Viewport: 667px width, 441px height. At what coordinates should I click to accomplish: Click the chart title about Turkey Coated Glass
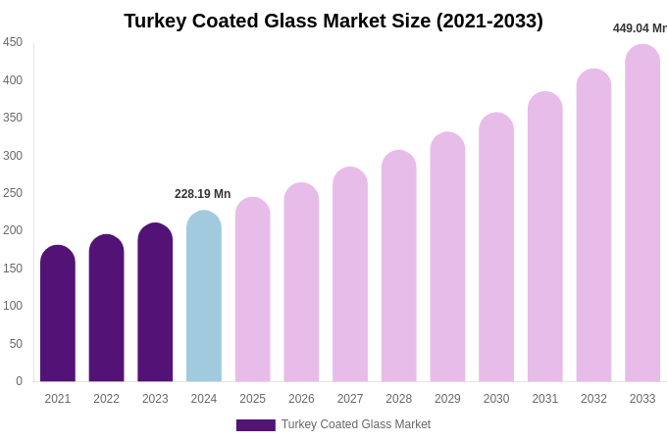(x=333, y=21)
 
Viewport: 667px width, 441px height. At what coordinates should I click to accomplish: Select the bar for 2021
(x=58, y=314)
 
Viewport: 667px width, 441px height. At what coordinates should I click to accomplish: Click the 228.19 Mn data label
(x=203, y=194)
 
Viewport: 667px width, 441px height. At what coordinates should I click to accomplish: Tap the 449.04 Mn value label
(x=640, y=28)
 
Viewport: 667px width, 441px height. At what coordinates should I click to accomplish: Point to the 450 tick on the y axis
(x=13, y=42)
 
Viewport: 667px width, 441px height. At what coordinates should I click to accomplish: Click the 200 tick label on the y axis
(x=13, y=230)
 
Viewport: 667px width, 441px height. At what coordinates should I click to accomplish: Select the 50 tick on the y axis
(x=16, y=344)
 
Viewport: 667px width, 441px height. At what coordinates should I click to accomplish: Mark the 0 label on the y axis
(x=19, y=381)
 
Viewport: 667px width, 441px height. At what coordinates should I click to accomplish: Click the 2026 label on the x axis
(x=301, y=399)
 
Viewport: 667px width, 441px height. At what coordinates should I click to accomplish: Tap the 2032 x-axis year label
(x=593, y=399)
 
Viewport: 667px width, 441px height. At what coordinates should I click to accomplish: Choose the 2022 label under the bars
(x=106, y=399)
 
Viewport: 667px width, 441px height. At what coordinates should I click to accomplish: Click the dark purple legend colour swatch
(x=255, y=425)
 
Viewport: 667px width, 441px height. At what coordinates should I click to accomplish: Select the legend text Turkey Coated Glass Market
(x=356, y=424)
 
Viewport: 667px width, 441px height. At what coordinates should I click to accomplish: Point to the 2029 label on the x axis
(x=447, y=399)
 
